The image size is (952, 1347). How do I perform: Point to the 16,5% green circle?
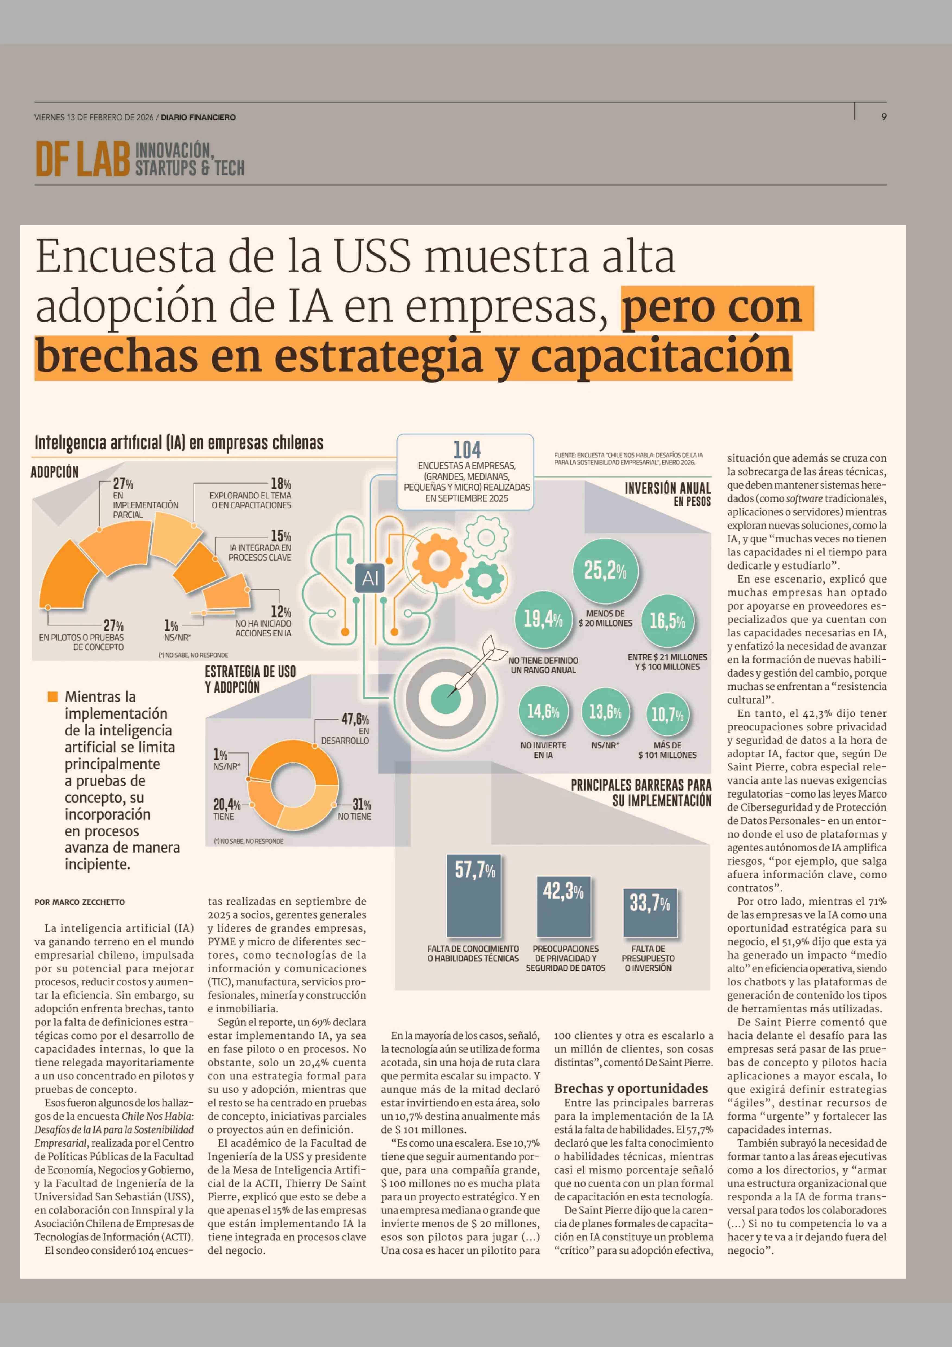(667, 621)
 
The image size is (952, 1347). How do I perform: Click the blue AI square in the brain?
(370, 578)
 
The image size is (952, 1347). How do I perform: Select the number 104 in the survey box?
(467, 450)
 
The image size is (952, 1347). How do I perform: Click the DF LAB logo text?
(82, 159)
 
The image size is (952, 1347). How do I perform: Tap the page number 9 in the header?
(883, 117)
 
